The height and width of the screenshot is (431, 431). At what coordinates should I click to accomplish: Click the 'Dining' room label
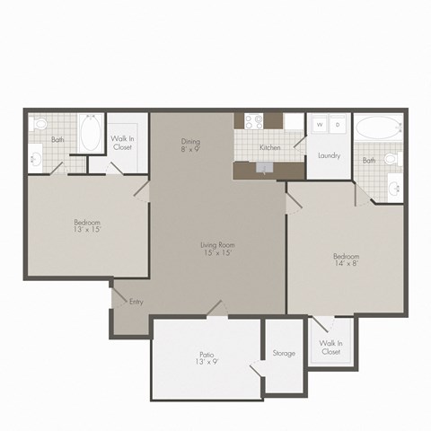pos(189,142)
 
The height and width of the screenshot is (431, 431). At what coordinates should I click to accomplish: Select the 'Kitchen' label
pos(270,146)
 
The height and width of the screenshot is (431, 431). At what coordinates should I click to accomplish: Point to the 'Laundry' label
pos(329,155)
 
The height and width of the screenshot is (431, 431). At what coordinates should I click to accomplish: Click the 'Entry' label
pos(136,302)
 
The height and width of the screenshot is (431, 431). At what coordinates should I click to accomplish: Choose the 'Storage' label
pos(284,353)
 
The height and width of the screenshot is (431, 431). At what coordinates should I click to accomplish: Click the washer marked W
pos(318,126)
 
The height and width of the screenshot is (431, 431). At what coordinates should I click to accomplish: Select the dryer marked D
pos(338,126)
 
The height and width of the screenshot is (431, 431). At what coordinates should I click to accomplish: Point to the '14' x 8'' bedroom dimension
pos(346,265)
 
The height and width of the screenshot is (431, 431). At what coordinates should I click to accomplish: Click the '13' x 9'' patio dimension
pos(206,362)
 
